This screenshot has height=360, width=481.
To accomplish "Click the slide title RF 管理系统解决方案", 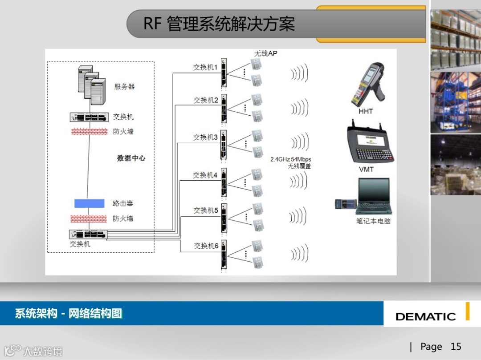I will pos(219,24).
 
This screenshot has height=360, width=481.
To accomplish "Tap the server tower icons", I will pos(91,85).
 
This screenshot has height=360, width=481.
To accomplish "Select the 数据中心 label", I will pos(131,158).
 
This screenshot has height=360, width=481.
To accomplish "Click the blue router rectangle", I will pos(89,203).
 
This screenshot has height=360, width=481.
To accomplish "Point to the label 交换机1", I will pos(205,67).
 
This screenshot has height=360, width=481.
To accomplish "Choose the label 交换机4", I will pos(205,175).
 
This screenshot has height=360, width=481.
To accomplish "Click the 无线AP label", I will pos(265,53).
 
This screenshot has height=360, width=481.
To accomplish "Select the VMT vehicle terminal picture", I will pos(370,145).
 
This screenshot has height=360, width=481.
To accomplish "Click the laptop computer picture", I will pos(372,196).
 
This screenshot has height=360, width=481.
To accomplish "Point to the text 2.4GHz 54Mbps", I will pos(290,159).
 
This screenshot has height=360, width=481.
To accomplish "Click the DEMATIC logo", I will pos(425,316).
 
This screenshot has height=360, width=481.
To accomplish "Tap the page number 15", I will pos(456,347).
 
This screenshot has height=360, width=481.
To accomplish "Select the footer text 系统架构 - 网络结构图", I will pos(69,313).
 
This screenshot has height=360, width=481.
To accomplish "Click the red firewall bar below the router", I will pos(89,218).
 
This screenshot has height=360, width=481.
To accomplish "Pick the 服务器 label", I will pos(124,87).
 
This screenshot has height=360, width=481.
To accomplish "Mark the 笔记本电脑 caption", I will pos(373,221).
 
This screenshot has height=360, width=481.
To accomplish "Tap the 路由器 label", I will pos(122,203).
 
